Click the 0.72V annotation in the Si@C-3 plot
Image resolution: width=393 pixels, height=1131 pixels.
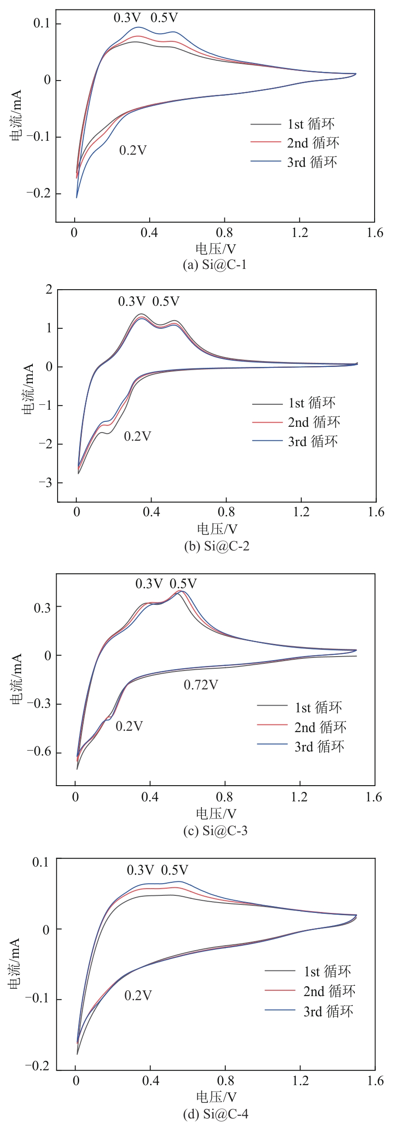tap(201, 685)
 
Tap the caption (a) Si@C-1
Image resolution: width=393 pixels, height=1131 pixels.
tap(215, 264)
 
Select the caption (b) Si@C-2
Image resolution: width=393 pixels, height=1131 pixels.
tap(217, 546)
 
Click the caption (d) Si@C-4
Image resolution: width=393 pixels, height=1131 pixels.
tap(216, 1113)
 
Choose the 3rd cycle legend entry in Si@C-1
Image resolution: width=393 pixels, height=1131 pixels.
tap(311, 162)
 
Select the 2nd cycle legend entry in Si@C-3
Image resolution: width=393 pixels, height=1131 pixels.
tap(320, 727)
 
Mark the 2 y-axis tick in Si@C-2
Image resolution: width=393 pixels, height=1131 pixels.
tap(49, 290)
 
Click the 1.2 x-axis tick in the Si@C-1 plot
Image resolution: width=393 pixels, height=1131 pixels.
tap(300, 232)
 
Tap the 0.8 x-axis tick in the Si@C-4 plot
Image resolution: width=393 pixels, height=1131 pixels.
tap(226, 1080)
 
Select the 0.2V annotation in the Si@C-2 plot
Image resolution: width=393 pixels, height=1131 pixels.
tap(138, 436)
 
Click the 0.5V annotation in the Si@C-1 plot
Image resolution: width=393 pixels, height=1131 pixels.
tap(164, 18)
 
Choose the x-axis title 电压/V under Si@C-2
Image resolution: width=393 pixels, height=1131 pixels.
tap(217, 529)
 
